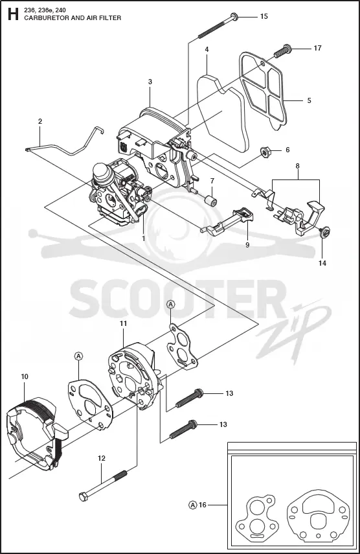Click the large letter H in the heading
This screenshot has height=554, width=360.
click(13, 14)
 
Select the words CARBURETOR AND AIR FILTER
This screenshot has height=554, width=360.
click(73, 17)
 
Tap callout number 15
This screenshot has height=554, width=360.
click(264, 16)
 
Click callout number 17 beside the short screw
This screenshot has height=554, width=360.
click(317, 48)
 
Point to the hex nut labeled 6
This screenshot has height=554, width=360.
click(264, 152)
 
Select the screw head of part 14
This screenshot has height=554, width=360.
click(324, 232)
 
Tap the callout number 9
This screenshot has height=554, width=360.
click(247, 244)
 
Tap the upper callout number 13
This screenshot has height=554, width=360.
click(229, 393)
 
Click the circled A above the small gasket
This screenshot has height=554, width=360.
click(171, 303)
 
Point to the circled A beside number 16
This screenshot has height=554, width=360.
click(193, 505)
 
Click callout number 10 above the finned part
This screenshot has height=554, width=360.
click(25, 376)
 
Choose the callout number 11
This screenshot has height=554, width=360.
click(123, 323)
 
